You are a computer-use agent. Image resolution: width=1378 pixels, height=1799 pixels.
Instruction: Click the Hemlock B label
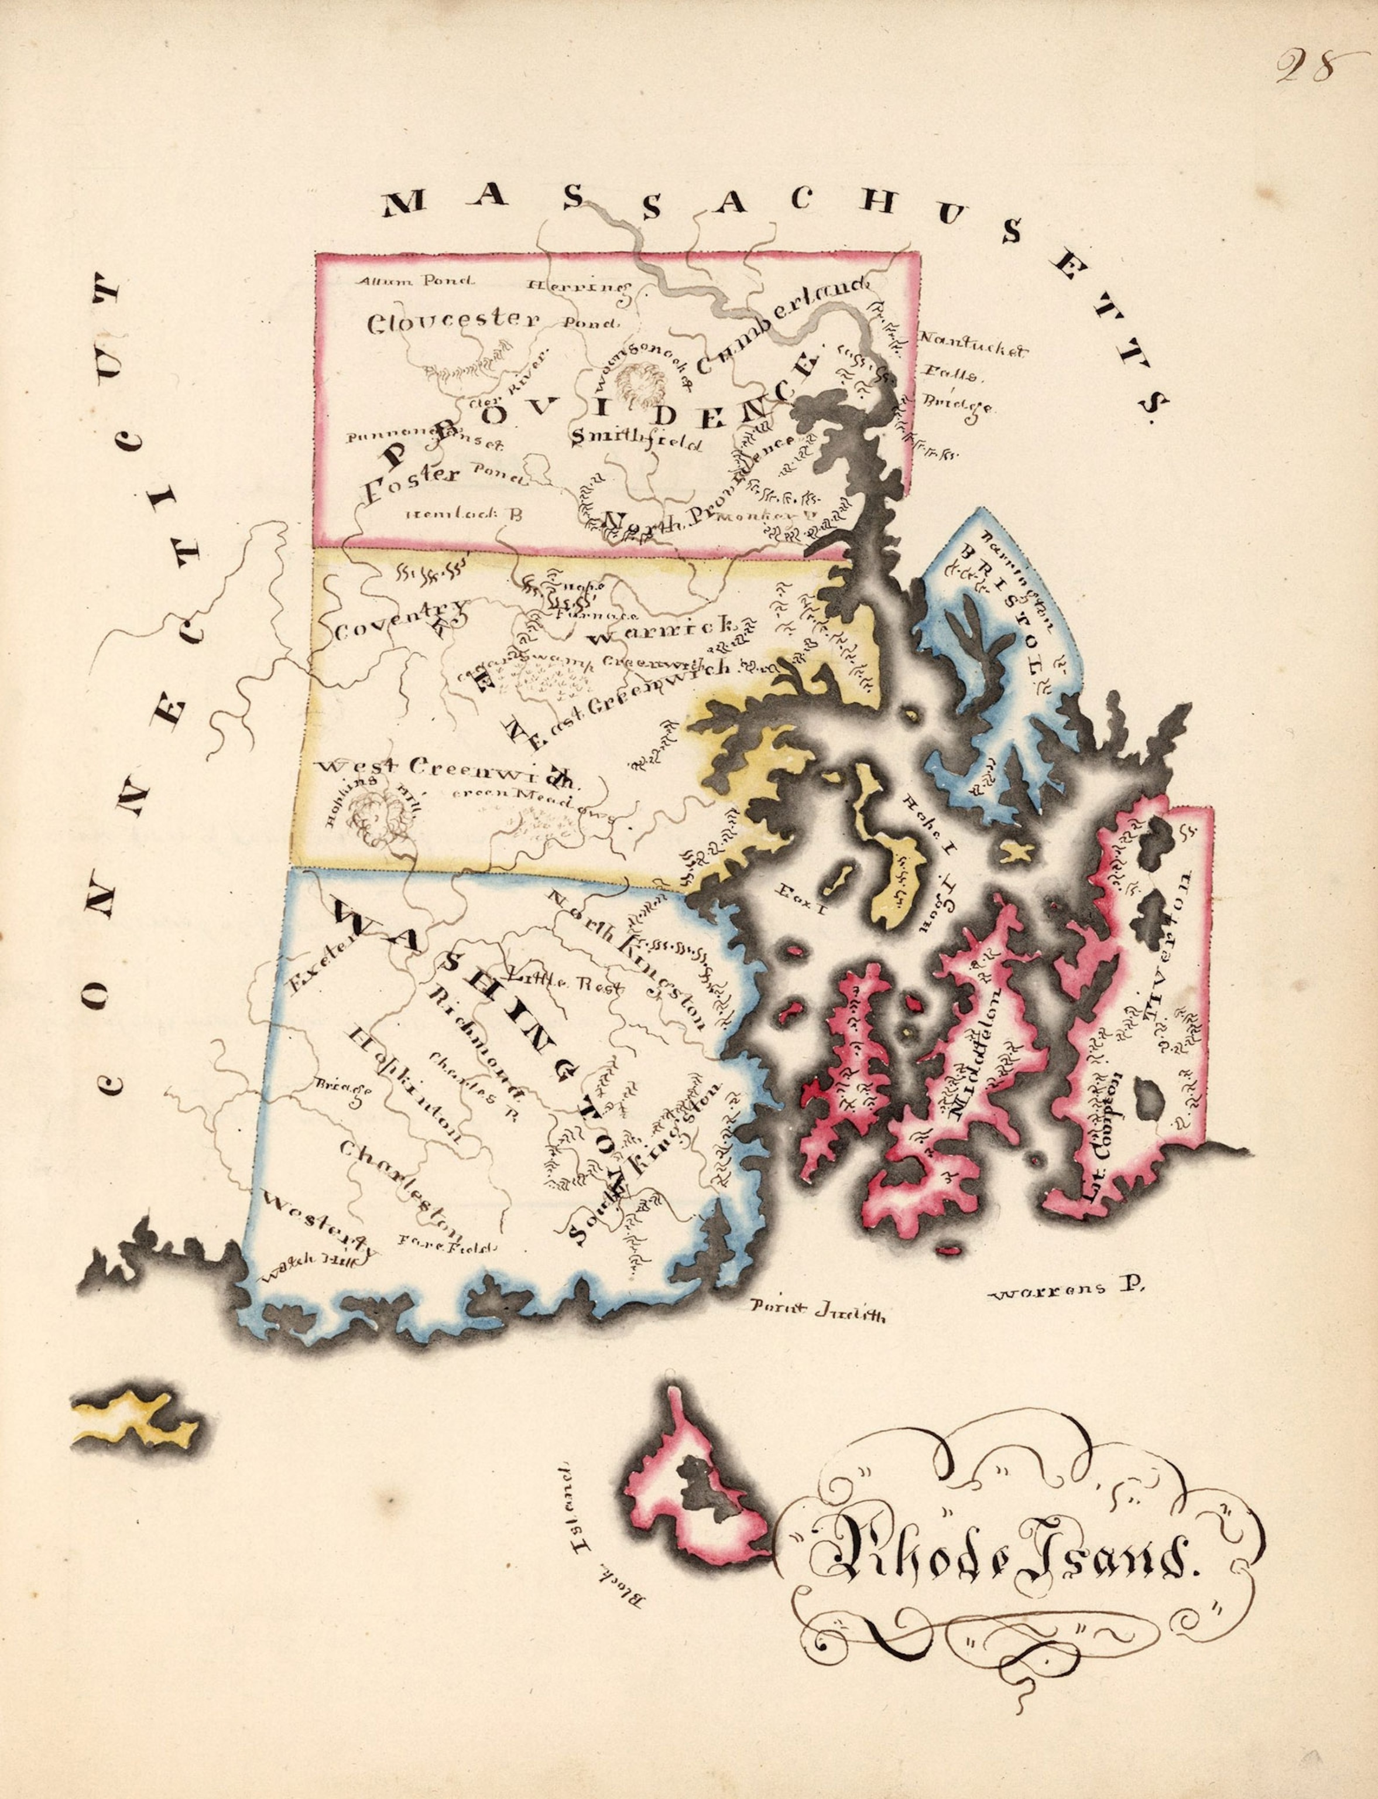pyautogui.click(x=464, y=514)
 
